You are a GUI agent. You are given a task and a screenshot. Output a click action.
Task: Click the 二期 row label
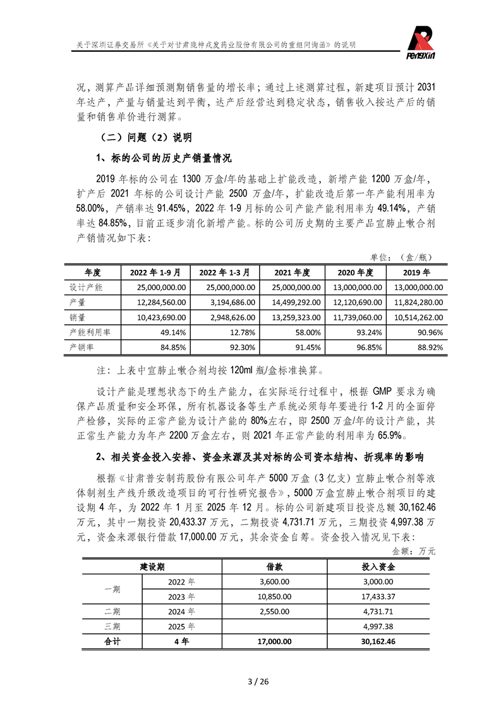pos(112,611)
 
